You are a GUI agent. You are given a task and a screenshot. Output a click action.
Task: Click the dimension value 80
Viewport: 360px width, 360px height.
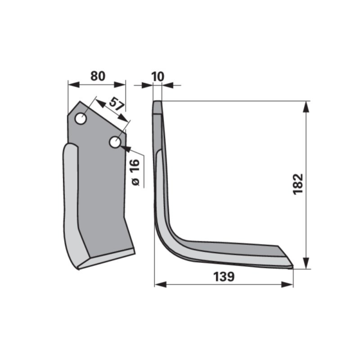pos(98,76)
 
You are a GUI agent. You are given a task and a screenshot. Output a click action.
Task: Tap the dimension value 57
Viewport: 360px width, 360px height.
pos(117,104)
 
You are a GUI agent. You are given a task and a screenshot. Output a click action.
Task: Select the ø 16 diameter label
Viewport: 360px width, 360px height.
pos(136,172)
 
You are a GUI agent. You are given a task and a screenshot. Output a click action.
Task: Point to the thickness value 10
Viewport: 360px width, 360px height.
pos(158,76)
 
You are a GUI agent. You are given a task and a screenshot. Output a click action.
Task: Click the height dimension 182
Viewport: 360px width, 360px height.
pos(298,184)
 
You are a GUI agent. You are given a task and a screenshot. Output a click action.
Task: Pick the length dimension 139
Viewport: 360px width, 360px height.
pos(224,277)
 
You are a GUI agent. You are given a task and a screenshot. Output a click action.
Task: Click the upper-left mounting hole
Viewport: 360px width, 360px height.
pos(80,119)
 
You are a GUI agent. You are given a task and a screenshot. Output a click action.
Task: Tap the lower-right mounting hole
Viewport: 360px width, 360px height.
pos(115,143)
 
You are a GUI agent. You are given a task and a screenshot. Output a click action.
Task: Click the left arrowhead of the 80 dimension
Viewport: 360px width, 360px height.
pos(74,84)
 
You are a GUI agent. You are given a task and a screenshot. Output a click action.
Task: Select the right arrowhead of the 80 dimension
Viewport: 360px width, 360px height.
pos(120,84)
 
